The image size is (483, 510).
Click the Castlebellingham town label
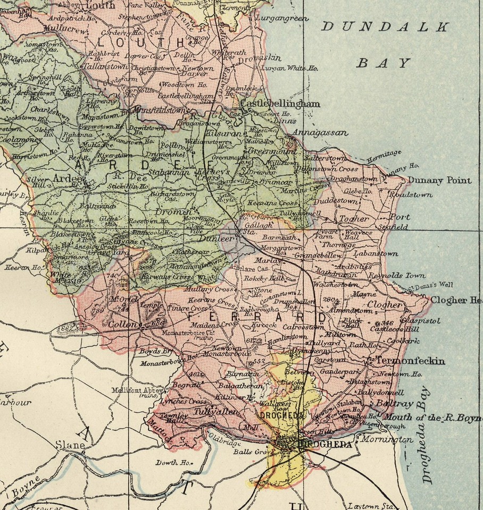tap(280, 104)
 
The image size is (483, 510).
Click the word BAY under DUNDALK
tap(383, 63)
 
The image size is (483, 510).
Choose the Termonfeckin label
tap(418, 361)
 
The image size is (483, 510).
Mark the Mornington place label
tap(386, 440)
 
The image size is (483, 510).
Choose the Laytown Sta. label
tap(370, 505)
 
